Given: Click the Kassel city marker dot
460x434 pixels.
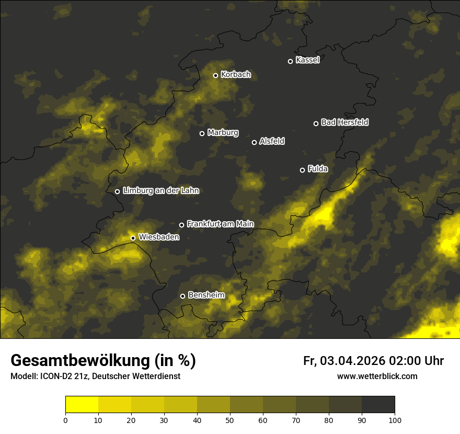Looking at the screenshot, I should [x=290, y=61].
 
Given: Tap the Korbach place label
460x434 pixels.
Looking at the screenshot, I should [x=236, y=75].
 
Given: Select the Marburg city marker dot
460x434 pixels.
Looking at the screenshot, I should [x=202, y=133].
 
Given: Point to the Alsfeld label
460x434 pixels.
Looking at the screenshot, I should [x=272, y=141].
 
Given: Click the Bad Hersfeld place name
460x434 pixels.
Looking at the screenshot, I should [x=344, y=122].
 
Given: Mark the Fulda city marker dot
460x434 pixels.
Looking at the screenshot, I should [x=302, y=170].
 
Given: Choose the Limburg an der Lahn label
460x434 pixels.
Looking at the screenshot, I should [x=160, y=191].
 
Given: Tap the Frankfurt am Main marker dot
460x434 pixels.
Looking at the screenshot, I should [x=181, y=225].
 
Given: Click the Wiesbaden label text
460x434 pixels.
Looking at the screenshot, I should [x=159, y=237].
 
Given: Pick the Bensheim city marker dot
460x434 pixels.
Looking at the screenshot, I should [x=182, y=296].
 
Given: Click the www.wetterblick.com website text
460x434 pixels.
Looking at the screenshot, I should [x=377, y=376].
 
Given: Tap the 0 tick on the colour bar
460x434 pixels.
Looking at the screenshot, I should [x=65, y=419].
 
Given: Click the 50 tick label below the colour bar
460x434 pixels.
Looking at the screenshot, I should [x=230, y=419].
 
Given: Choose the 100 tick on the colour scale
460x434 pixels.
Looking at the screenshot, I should [x=395, y=419].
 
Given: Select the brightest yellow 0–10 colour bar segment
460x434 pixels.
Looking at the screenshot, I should [x=82, y=405].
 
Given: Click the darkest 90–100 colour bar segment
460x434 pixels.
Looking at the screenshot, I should [x=378, y=405].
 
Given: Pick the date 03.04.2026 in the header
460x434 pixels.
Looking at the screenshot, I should [x=352, y=361].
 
